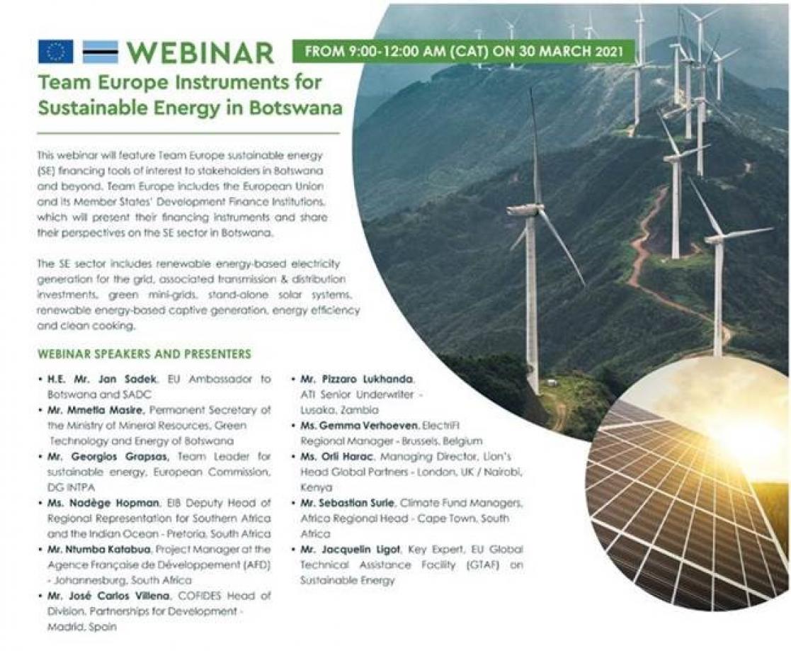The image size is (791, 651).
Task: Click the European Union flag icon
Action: (56, 52)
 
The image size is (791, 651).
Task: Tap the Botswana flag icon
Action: (100, 52)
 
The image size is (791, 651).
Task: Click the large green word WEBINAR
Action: (200, 53)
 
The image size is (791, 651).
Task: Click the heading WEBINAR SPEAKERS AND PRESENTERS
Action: (144, 353)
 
